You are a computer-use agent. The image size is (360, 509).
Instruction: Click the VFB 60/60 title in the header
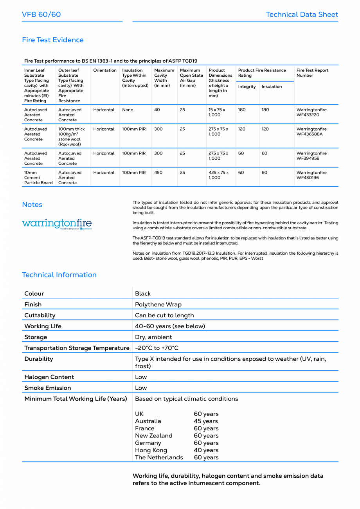coord(41,14)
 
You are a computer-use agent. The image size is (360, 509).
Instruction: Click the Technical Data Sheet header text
coord(302,14)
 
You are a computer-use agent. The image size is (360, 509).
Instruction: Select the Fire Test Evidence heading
coord(53,40)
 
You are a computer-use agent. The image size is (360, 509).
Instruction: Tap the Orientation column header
coord(105,70)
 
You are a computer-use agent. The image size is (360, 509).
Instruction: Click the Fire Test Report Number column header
coord(312,73)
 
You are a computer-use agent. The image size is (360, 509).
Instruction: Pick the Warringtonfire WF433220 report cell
coord(311,112)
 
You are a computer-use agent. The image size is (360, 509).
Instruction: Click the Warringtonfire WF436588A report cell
coord(311,131)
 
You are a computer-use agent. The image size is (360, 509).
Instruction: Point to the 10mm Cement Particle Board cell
coord(38,178)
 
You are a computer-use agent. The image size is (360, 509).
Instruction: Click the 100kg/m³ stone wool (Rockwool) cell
coord(72,137)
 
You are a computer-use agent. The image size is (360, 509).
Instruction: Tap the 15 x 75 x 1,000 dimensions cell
coord(217,112)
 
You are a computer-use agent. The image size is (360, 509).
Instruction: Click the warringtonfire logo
coord(57,224)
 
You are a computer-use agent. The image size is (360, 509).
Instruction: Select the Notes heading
coord(32,205)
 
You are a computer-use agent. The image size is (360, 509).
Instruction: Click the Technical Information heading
coord(59,275)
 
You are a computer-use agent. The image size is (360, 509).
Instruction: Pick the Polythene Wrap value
coord(158,304)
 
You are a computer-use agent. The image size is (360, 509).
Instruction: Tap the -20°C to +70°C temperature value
coord(157,348)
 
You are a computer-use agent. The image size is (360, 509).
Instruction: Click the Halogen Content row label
coord(49,377)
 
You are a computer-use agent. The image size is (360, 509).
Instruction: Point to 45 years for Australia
coord(206,421)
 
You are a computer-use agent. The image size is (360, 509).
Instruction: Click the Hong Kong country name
coord(151,450)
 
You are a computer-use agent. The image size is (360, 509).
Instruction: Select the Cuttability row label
coord(40,315)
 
